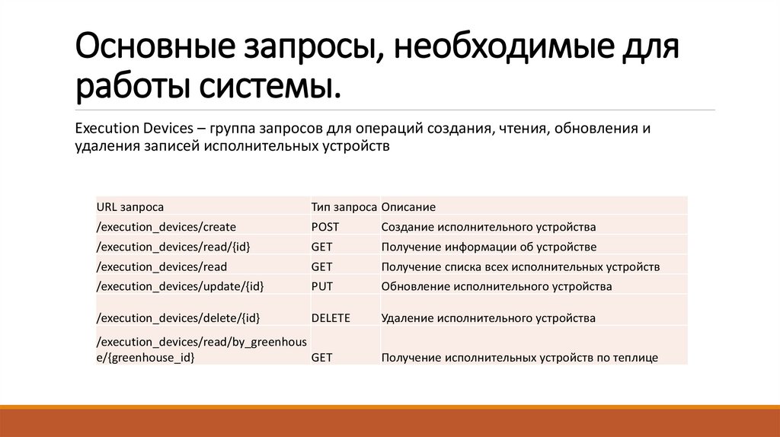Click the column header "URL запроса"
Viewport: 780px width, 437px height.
(130, 207)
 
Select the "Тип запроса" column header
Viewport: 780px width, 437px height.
(344, 207)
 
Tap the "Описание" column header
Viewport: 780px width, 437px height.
(408, 207)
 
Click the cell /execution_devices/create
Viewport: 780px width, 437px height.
(166, 227)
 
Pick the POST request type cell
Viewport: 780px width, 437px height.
(325, 227)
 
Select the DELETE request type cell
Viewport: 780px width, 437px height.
(331, 318)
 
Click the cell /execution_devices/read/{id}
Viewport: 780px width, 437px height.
(173, 247)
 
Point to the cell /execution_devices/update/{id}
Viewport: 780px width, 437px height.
(180, 287)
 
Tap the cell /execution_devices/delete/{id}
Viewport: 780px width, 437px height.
(178, 318)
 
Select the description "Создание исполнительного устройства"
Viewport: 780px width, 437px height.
(488, 227)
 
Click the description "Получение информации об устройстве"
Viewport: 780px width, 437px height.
(488, 247)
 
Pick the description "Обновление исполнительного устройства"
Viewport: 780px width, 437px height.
(497, 287)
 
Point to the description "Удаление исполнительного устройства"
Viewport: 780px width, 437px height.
(488, 318)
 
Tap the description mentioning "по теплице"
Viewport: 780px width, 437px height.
(519, 357)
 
